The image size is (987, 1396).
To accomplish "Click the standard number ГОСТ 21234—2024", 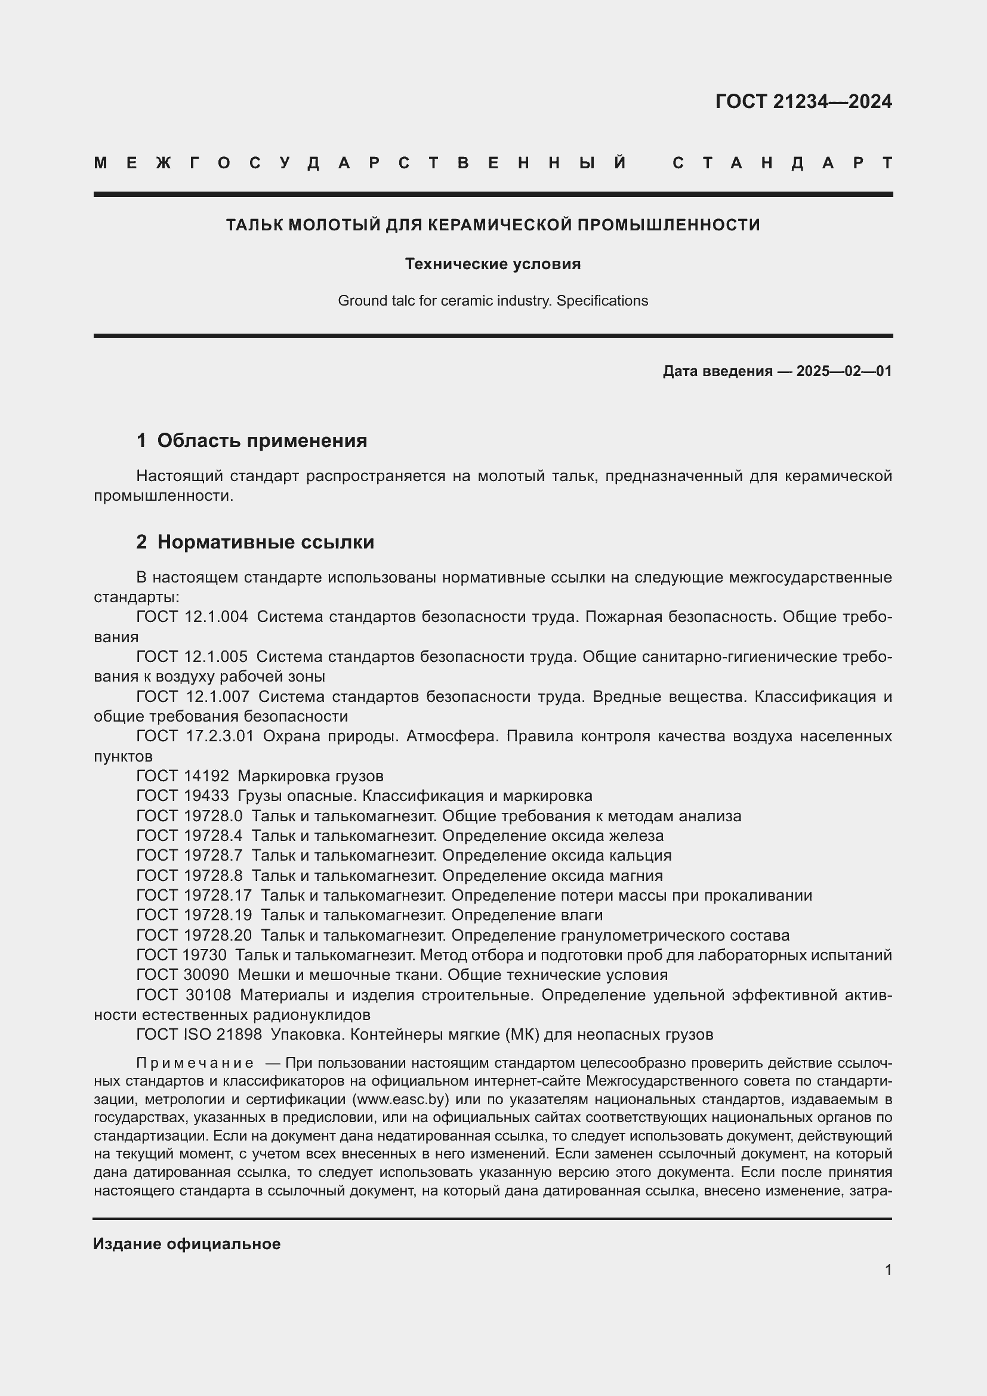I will pos(803,101).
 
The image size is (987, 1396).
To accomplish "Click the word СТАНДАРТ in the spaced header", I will pos(782,163).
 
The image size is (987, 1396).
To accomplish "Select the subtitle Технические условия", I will pos(493,264).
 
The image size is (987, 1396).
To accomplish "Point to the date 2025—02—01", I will pos(844,371).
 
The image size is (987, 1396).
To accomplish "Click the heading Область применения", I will pos(262,440).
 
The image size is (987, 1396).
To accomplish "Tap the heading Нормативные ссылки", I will pos(266,542).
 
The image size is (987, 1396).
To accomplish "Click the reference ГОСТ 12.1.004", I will pos(192,617).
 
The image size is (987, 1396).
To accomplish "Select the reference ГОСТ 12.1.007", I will pos(193,696).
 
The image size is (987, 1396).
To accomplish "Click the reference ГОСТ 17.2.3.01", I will pos(195,736).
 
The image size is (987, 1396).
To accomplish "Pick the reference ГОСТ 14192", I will pos(183,776).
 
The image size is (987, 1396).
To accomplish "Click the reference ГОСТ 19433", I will pos(183,796).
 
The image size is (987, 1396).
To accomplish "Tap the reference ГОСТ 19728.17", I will pos(194,896).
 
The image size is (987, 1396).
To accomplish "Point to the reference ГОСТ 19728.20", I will pos(194,935).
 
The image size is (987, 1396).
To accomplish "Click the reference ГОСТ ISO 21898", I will pos(199,1035).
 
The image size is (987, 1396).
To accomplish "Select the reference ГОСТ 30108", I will pos(184,996).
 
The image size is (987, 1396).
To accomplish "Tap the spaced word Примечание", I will pos(195,1064).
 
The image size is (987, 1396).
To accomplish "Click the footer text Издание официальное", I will pos(187,1244).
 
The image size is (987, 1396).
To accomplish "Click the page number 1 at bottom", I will pos(888,1269).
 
